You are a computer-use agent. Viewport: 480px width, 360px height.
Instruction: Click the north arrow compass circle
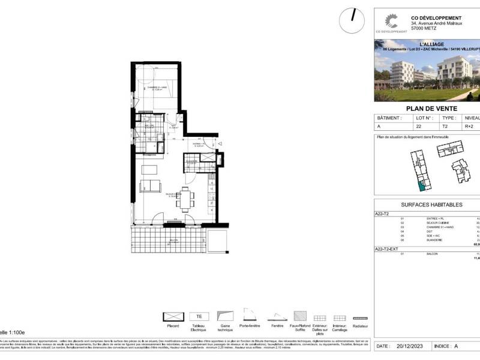point(352,21)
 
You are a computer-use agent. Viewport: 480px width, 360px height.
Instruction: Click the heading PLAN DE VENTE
point(431,108)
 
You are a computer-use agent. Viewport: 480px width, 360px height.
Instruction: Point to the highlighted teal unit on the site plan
point(422,185)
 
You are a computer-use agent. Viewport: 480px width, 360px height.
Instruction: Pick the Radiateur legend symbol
point(360,317)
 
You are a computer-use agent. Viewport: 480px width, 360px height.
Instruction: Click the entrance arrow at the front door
point(220,144)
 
